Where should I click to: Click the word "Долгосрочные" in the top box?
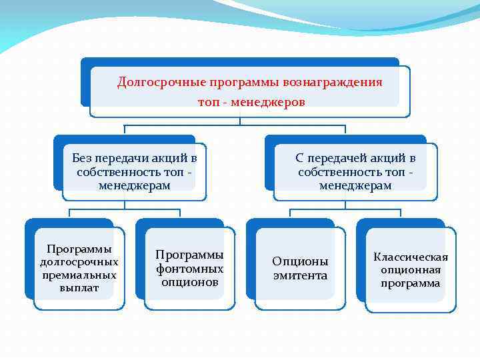[x=161, y=83]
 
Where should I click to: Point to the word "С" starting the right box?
[x=299, y=158]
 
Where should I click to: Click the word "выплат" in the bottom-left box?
[x=79, y=288]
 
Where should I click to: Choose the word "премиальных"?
[x=79, y=275]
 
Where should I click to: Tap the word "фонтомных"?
[x=190, y=269]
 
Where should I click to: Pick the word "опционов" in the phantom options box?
[x=190, y=282]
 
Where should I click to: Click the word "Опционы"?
[x=300, y=261]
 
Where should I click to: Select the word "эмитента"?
[x=300, y=275]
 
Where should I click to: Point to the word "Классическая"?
[x=411, y=257]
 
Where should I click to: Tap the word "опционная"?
[x=411, y=270]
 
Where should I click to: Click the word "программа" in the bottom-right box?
[x=411, y=283]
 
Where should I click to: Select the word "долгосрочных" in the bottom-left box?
[x=79, y=262]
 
